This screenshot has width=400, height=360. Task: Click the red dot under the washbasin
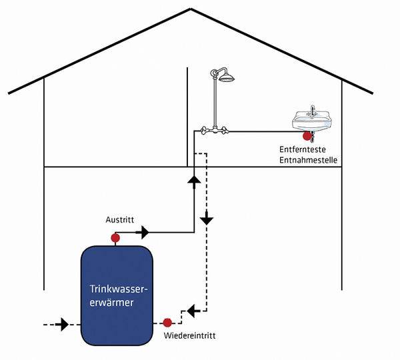307,136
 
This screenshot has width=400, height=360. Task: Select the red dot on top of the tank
115,237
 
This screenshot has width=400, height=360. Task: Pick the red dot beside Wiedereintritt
167,321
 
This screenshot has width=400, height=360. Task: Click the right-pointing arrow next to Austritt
142,232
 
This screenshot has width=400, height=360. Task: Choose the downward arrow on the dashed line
207,218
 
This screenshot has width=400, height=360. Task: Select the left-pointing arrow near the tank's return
192,310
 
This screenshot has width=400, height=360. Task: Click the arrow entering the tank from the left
63,325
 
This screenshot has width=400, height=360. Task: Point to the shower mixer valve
215,131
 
